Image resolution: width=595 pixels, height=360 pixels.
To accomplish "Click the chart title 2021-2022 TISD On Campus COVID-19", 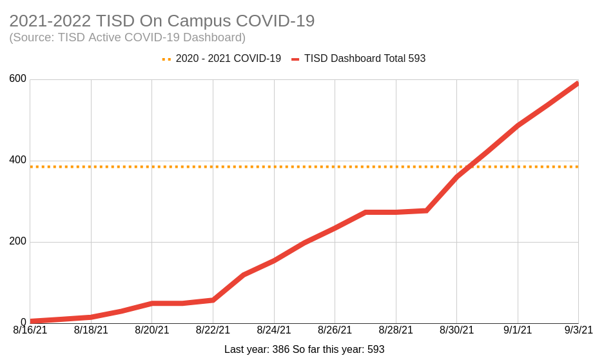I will [162, 21].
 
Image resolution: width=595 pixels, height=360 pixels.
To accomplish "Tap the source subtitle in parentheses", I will [127, 37].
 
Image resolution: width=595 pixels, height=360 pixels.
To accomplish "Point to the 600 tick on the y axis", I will [18, 79].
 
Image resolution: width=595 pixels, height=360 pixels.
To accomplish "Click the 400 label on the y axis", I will [18, 160].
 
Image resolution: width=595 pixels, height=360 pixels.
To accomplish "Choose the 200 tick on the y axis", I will [18, 241].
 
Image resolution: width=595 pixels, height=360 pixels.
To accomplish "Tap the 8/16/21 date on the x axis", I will [30, 330].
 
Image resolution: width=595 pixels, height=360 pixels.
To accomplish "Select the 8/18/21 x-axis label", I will [91, 330].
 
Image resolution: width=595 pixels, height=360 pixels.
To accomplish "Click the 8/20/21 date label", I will [152, 330].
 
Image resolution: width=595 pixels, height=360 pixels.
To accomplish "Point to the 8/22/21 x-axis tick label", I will [213, 330].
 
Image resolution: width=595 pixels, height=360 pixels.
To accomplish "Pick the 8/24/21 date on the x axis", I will [274, 330].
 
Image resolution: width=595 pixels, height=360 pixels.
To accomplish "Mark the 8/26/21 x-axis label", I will [335, 330].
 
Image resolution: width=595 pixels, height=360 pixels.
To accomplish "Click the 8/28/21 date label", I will [396, 330].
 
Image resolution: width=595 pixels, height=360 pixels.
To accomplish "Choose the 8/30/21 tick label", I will [456, 330].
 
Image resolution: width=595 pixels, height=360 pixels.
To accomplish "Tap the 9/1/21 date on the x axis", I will [518, 330].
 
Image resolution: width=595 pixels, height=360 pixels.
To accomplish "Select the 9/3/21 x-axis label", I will [578, 330].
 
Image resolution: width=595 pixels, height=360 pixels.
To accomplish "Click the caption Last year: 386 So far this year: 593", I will [304, 350].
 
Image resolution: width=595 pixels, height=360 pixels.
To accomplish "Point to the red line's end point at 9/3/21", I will [578, 83].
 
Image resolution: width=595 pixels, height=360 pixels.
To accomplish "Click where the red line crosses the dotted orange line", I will [469, 166].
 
